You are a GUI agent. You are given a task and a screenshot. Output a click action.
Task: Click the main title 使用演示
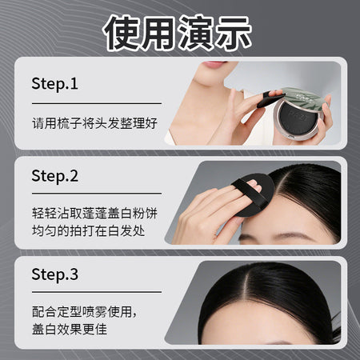(177, 33)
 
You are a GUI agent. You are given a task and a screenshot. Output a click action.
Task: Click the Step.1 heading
(54, 84)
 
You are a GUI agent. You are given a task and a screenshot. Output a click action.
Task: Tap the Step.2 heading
(54, 176)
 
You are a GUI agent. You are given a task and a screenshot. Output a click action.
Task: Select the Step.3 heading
(54, 274)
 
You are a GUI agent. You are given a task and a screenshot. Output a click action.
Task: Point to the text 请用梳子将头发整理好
(94, 123)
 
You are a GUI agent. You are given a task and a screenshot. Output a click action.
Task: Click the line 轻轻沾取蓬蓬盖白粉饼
(94, 213)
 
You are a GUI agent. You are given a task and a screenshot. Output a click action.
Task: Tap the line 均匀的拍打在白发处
(88, 230)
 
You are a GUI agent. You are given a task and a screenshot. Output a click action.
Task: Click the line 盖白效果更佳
(70, 329)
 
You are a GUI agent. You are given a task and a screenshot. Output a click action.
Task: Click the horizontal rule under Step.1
(97, 103)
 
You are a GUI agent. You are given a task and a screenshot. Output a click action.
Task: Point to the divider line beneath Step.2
(97, 194)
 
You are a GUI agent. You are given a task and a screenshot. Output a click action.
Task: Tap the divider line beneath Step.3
(97, 292)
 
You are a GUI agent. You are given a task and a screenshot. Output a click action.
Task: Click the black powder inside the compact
(298, 116)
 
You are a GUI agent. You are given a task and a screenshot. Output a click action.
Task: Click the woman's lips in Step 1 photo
(214, 64)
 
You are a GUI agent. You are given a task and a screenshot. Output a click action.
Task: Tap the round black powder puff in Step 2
(254, 195)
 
